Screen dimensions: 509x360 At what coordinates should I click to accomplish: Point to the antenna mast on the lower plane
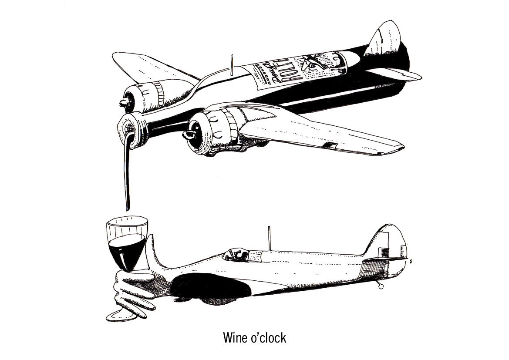pyautogui.click(x=270, y=238)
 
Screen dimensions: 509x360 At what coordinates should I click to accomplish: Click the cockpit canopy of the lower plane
pyautogui.click(x=237, y=254)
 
